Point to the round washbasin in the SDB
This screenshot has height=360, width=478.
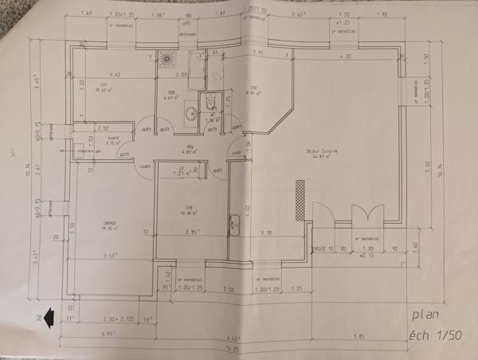(x=192, y=114)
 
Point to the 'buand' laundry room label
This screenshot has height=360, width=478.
(x=112, y=139)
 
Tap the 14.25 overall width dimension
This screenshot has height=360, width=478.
(x=233, y=348)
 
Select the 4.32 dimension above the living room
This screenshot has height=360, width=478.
(x=345, y=57)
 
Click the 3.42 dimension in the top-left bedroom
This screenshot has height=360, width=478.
(x=114, y=74)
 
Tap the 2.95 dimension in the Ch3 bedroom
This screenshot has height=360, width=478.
(x=190, y=233)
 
